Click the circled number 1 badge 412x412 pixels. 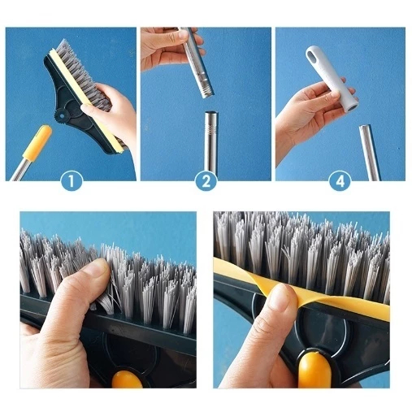click(x=72, y=180)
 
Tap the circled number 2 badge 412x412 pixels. click(x=206, y=180)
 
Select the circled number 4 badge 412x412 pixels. click(x=340, y=180)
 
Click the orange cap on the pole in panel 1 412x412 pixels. click(x=37, y=143)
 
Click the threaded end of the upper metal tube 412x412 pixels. click(x=207, y=89)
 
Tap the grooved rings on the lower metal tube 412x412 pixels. click(x=211, y=127)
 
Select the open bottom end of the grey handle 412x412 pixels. click(x=351, y=107)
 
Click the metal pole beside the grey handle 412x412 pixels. click(x=370, y=153)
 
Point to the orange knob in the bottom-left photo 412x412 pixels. click(x=127, y=379)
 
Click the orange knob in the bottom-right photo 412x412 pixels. click(x=315, y=371)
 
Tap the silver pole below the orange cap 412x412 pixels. click(x=19, y=171)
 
